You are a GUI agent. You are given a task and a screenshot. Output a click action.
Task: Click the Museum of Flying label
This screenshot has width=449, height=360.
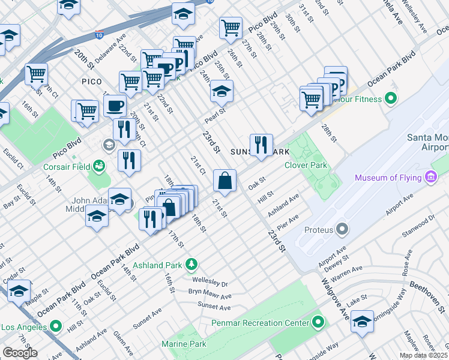388,178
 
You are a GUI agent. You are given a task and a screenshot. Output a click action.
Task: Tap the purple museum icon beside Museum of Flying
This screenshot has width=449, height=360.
430,177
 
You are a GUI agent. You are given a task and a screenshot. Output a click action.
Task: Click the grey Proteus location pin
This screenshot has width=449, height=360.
342,229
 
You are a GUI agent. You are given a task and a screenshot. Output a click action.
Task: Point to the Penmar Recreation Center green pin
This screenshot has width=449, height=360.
318,323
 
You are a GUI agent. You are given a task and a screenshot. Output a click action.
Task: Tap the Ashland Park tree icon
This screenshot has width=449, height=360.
191,263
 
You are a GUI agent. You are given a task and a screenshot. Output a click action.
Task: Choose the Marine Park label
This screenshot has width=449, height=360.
184,344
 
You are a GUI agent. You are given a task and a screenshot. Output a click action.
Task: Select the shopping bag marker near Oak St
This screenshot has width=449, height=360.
224,181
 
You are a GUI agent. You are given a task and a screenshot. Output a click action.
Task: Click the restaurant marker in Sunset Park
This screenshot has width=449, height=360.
261,145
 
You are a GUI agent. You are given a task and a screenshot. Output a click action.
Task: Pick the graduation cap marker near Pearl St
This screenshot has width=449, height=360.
221,92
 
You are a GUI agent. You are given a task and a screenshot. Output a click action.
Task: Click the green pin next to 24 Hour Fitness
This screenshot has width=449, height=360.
391,98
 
